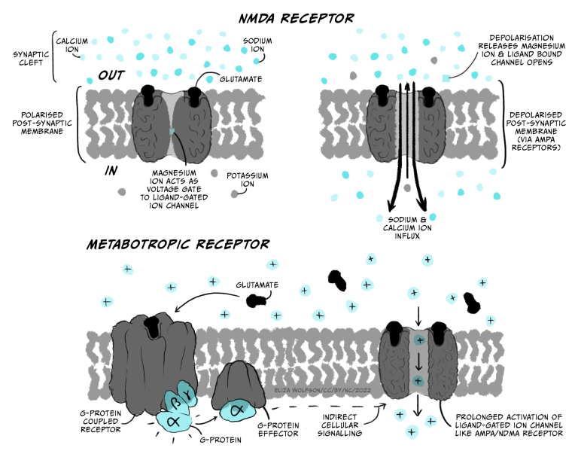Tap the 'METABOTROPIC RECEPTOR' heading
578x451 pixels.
tap(178, 245)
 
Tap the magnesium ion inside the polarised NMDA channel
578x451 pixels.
tap(172, 131)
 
